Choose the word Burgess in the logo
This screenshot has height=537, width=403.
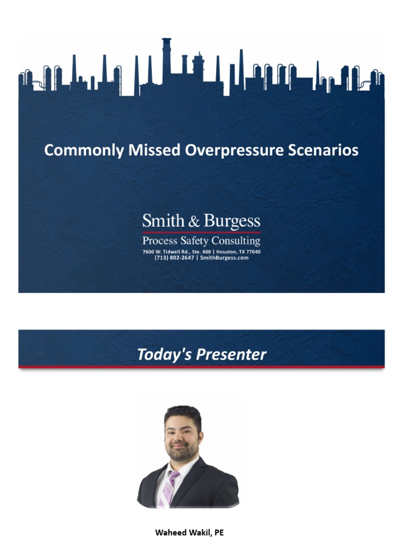pyautogui.click(x=231, y=221)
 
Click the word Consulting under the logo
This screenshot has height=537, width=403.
pyautogui.click(x=235, y=241)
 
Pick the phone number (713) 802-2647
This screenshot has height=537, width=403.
pyautogui.click(x=174, y=257)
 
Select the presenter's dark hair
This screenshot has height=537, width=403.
pyautogui.click(x=182, y=414)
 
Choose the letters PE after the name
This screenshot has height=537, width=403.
pyautogui.click(x=219, y=532)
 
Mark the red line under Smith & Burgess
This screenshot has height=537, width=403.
pyautogui.click(x=201, y=232)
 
